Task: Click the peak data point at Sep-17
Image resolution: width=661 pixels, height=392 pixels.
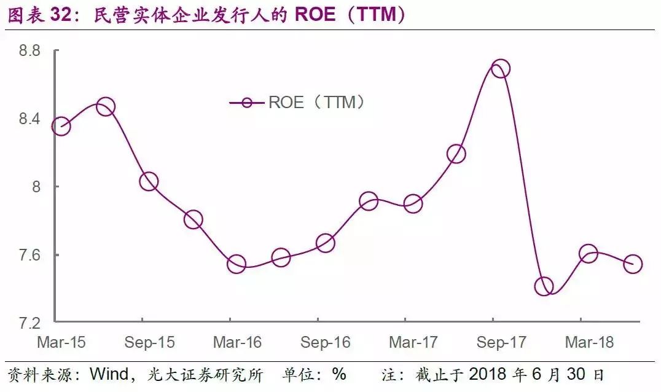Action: tap(500, 68)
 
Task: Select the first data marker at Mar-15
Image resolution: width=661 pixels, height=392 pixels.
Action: tap(61, 127)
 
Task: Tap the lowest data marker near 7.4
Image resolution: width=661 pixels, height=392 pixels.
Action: tap(544, 286)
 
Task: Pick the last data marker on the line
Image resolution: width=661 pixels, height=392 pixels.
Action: tap(632, 264)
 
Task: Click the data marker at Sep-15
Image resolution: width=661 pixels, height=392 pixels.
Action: tap(149, 181)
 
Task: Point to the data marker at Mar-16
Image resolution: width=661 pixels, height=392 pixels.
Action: tap(237, 264)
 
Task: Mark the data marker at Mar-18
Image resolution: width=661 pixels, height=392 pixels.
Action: tap(588, 253)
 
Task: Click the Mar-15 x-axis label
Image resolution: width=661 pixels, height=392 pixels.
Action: tap(61, 342)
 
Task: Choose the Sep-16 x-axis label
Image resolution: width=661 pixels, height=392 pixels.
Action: tap(324, 342)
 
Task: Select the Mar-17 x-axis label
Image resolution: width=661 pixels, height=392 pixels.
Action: tap(413, 342)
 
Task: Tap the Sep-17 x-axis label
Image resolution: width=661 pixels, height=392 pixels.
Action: tap(500, 342)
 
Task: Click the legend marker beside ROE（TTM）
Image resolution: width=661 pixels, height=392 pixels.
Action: tap(247, 102)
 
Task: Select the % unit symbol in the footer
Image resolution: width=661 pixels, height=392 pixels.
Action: tap(339, 374)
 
